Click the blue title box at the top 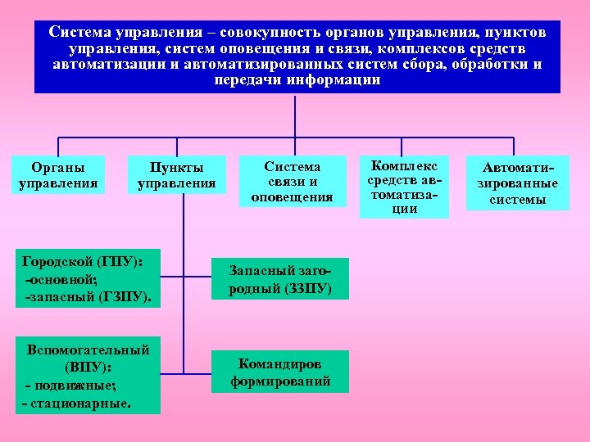(x=297, y=56)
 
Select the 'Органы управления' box (x=58, y=174)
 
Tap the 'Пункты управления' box (x=176, y=174)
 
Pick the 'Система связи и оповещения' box (x=292, y=181)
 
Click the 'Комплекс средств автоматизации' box (x=404, y=186)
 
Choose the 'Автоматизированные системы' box (x=518, y=183)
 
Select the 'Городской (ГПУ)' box (x=88, y=280)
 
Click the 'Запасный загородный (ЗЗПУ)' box (x=280, y=279)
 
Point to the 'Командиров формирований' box (x=280, y=371)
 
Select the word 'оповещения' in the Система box (x=292, y=196)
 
